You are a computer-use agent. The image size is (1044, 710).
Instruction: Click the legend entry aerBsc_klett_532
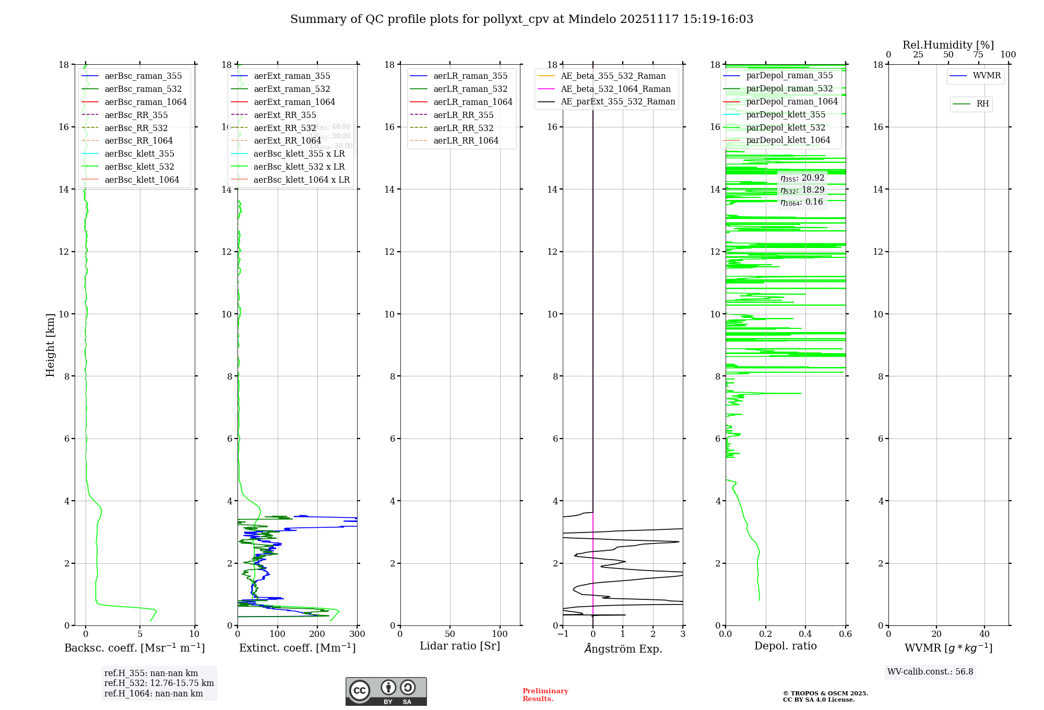(139, 167)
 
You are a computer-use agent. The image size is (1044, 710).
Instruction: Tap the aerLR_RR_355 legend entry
(463, 115)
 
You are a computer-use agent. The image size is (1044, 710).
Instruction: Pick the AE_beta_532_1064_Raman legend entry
(615, 89)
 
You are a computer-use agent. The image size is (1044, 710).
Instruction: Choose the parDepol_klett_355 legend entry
(786, 115)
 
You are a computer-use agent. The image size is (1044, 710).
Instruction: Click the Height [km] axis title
(50, 345)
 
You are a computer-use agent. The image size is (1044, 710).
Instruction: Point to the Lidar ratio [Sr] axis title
(460, 646)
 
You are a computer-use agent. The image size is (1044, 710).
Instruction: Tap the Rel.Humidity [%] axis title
(948, 45)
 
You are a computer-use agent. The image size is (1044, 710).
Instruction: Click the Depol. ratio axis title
(785, 646)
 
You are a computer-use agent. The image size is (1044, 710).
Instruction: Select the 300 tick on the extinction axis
(358, 634)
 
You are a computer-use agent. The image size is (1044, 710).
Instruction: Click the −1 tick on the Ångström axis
(563, 634)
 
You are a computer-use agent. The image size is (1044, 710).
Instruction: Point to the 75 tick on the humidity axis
(978, 55)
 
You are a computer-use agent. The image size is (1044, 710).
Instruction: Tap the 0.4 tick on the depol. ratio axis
(805, 634)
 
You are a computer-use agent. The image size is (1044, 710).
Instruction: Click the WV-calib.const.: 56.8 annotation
(930, 672)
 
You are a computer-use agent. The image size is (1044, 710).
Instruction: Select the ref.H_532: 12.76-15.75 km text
(159, 683)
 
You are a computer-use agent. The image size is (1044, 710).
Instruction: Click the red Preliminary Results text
(545, 695)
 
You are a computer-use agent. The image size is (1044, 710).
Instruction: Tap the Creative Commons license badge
(386, 692)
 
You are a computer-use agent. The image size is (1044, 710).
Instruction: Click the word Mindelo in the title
(591, 19)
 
